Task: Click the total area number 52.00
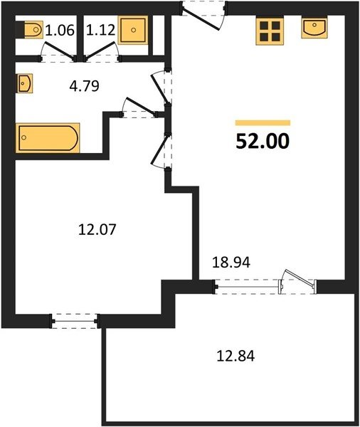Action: [x=263, y=142]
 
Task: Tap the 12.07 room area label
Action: [x=97, y=229]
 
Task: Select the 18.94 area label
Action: [x=231, y=263]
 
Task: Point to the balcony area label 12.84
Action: [x=235, y=357]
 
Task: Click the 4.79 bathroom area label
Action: [x=85, y=86]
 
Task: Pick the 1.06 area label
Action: [x=60, y=30]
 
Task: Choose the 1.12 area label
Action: [x=101, y=30]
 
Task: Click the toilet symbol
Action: [x=33, y=29]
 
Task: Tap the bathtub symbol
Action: [x=48, y=138]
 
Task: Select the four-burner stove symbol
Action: [x=270, y=31]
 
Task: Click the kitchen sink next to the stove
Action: [x=314, y=28]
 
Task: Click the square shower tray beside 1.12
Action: [x=133, y=30]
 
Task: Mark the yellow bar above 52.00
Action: [x=263, y=123]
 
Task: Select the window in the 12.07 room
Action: [x=75, y=322]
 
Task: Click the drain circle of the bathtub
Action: [x=24, y=137]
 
